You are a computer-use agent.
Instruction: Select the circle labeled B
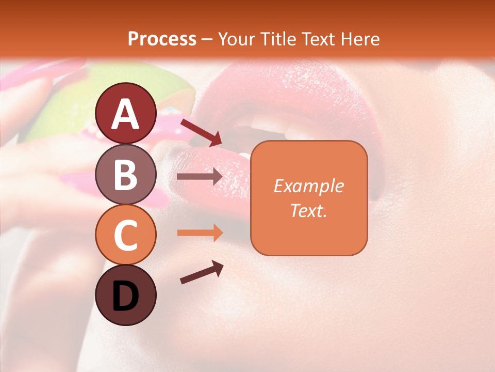click(125, 174)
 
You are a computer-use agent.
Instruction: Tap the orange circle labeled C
click(125, 235)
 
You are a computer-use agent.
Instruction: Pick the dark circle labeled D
click(125, 295)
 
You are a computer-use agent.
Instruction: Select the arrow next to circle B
click(200, 177)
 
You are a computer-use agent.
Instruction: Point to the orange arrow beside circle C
click(200, 233)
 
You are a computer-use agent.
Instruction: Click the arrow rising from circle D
click(202, 272)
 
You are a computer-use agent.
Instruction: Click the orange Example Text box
click(309, 198)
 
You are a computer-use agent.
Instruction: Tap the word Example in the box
click(308, 186)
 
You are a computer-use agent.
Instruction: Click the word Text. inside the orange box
click(308, 210)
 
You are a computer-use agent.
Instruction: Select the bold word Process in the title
click(162, 39)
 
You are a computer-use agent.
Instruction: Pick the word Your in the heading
click(235, 39)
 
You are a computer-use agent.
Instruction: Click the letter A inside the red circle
click(125, 114)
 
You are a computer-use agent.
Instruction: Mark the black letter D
click(125, 296)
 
